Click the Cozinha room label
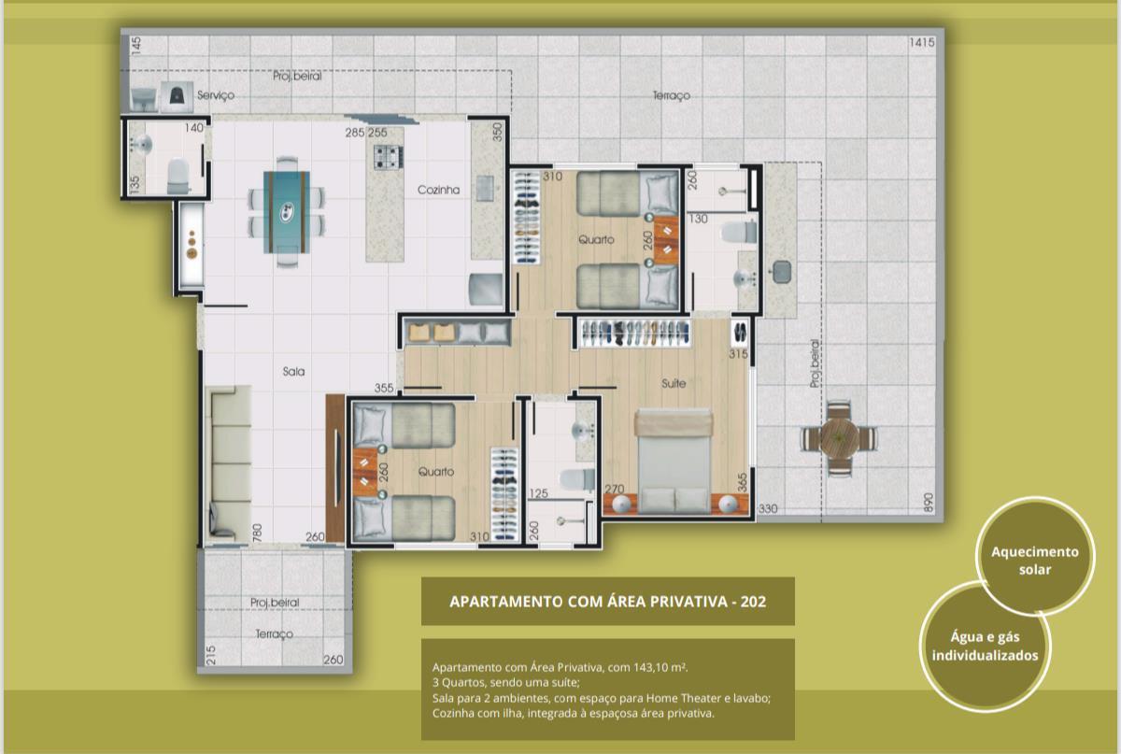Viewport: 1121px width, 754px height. click(438, 190)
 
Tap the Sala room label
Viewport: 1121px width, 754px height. click(293, 372)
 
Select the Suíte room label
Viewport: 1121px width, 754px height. click(674, 383)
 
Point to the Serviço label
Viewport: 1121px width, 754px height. click(216, 95)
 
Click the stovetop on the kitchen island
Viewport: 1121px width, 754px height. click(388, 157)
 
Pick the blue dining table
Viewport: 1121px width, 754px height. click(286, 213)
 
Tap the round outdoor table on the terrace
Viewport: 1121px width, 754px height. click(839, 438)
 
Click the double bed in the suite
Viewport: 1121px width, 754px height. click(674, 462)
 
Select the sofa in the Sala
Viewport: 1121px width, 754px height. click(229, 463)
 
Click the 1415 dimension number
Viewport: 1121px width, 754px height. click(922, 43)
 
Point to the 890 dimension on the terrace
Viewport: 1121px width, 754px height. click(929, 503)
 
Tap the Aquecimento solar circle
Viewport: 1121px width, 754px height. click(1035, 556)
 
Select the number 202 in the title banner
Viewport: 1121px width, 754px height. click(753, 602)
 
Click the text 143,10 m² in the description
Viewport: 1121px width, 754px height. click(660, 667)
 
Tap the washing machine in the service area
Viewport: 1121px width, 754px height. click(177, 96)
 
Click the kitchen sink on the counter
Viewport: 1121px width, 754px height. click(485, 188)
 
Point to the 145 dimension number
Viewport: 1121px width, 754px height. click(135, 45)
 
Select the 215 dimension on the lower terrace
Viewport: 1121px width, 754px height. click(211, 655)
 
